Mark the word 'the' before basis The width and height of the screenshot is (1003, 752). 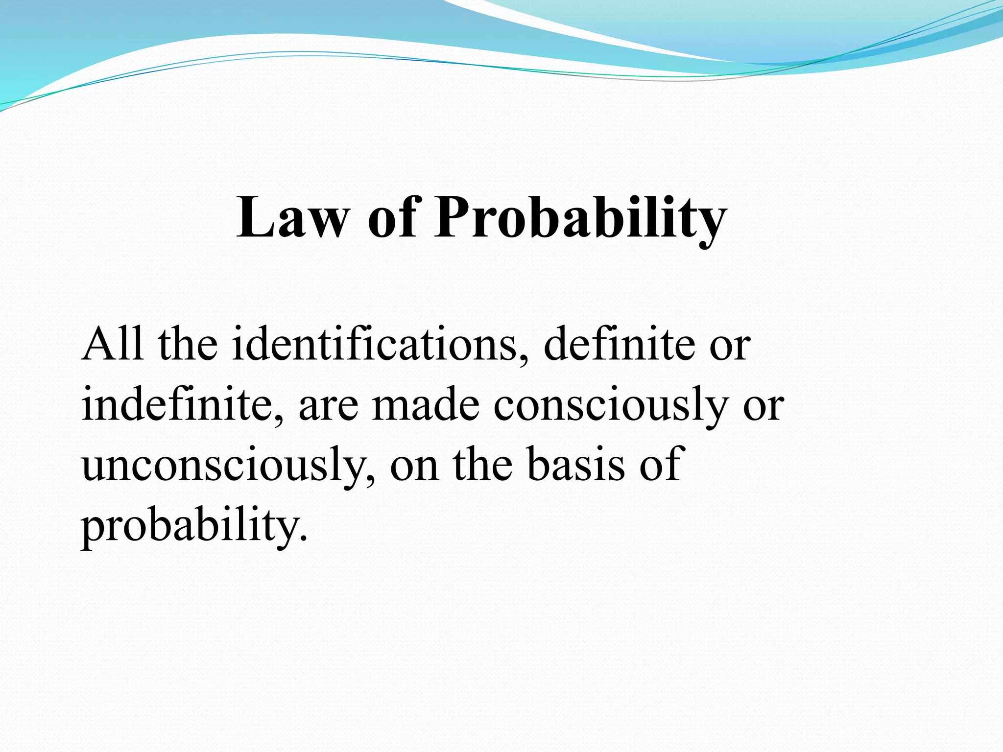pos(482,465)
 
